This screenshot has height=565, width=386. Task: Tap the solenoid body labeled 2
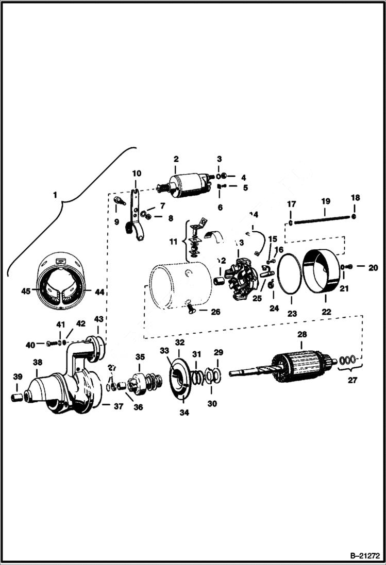coord(188,185)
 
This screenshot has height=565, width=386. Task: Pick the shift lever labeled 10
coord(135,216)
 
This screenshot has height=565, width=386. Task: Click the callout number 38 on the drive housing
coord(37,362)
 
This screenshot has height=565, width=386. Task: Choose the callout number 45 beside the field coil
coord(26,292)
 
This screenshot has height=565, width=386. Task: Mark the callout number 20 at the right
coord(373,267)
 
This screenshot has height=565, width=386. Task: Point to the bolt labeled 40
coord(51,343)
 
